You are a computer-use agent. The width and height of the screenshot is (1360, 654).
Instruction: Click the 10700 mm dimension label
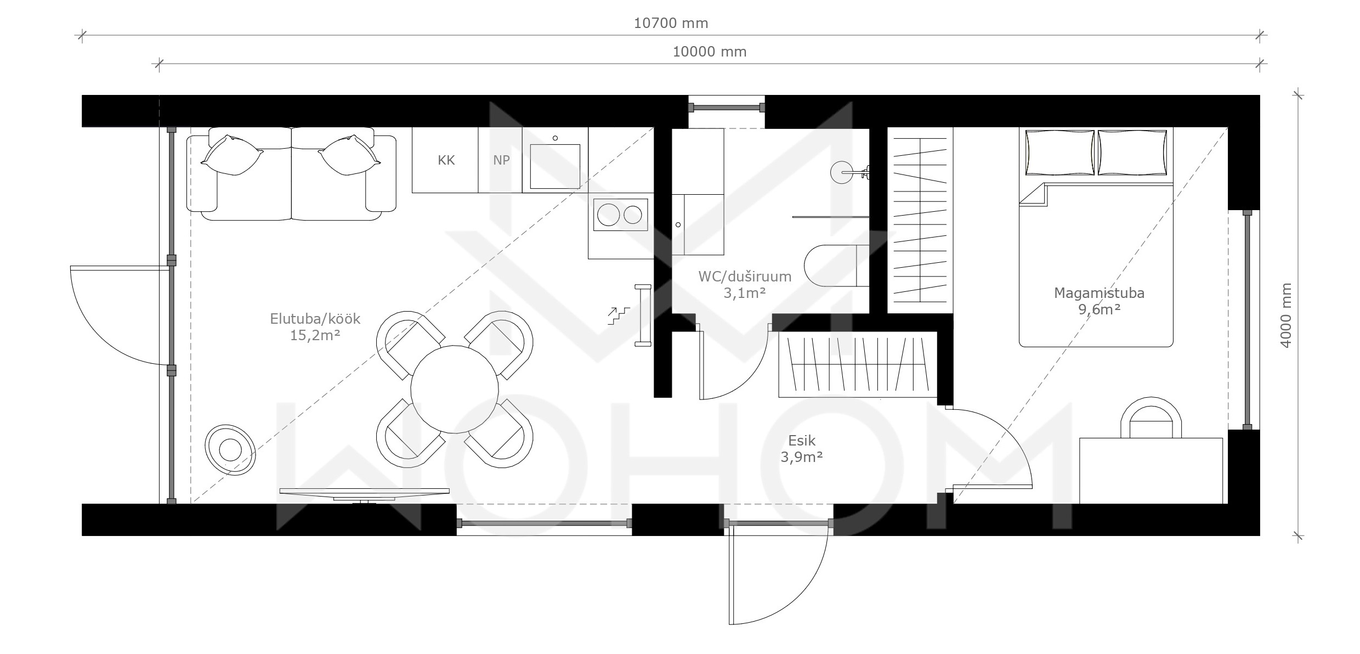point(671,23)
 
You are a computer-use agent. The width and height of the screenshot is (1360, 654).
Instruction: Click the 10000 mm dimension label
point(710,52)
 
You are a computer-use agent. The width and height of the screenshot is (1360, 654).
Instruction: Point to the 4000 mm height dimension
point(1286,315)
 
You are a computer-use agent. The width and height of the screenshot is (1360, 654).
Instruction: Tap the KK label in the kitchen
point(446,160)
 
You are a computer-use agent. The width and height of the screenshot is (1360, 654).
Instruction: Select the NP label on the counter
point(501,160)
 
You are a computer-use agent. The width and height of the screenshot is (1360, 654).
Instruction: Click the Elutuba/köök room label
point(315,319)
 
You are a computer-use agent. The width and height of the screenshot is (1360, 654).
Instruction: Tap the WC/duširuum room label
point(745,277)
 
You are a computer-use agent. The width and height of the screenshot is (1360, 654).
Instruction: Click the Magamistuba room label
point(1099,293)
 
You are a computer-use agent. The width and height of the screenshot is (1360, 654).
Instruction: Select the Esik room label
point(802,441)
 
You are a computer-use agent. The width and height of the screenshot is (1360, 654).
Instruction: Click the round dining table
point(455,389)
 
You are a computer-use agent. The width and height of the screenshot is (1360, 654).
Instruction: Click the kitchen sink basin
point(555,166)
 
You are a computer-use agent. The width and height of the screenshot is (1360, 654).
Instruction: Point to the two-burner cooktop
point(620,215)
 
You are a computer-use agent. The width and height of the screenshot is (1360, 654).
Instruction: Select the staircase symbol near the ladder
point(619,317)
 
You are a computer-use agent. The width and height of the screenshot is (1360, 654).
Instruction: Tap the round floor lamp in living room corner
point(230,450)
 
